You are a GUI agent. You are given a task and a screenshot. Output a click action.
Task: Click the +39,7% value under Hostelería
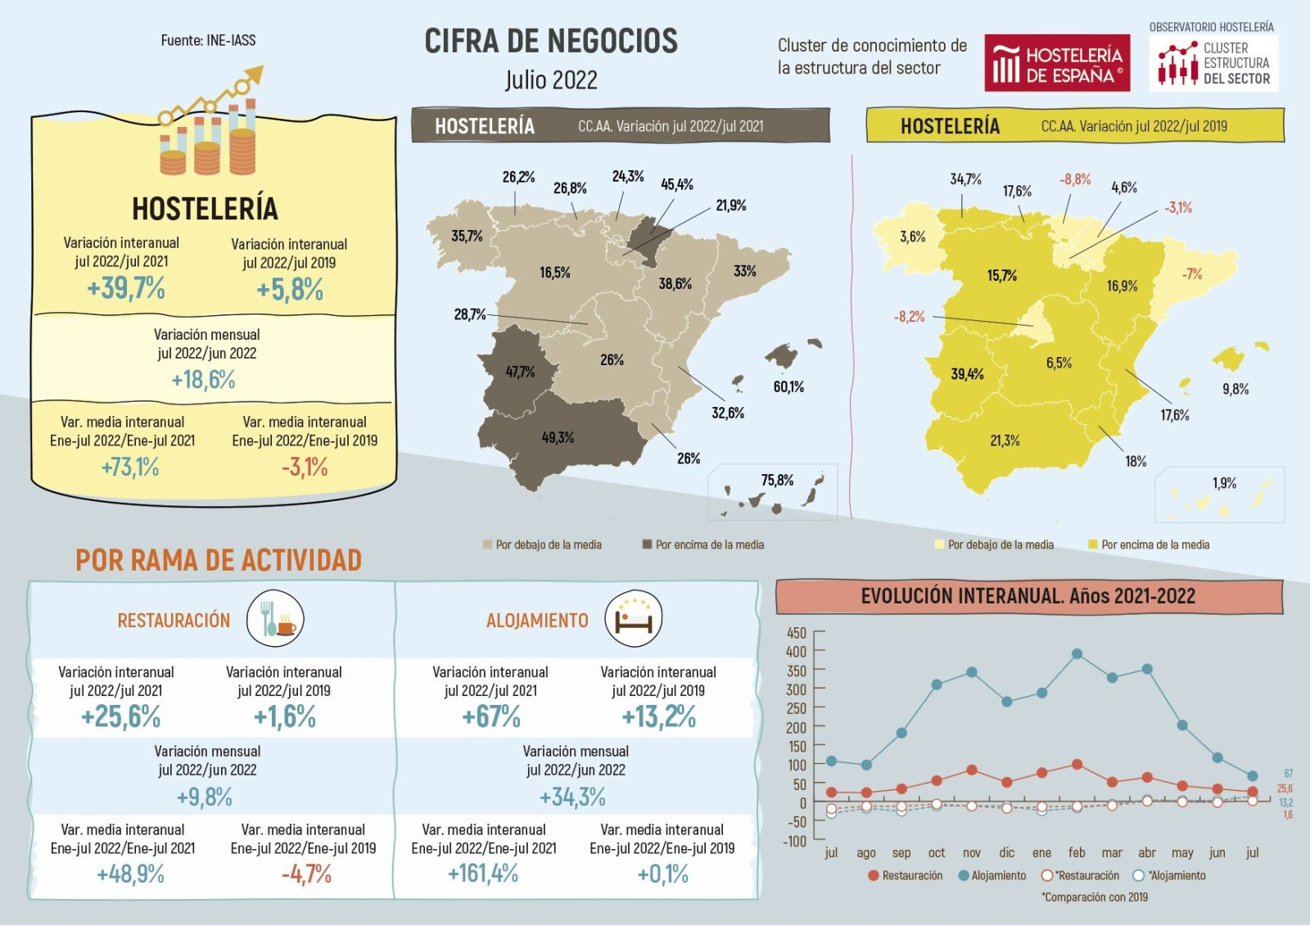pyautogui.click(x=126, y=288)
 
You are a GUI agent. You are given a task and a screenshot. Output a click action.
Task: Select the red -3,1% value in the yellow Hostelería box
pyautogui.click(x=305, y=468)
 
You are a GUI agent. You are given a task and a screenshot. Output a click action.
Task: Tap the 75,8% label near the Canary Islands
pyautogui.click(x=777, y=480)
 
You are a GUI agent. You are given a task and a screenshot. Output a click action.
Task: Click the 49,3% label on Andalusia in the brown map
pyautogui.click(x=558, y=437)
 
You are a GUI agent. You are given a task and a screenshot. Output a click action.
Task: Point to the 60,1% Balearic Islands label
pyautogui.click(x=788, y=386)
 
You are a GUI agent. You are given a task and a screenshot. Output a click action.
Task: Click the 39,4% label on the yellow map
pyautogui.click(x=967, y=374)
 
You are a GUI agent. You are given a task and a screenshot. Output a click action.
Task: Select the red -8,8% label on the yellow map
pyautogui.click(x=1075, y=179)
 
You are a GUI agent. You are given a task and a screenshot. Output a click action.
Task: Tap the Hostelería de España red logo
pyautogui.click(x=1057, y=63)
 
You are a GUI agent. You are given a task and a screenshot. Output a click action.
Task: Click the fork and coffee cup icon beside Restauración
pyautogui.click(x=275, y=619)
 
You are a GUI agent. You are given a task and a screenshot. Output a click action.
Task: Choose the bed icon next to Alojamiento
pyautogui.click(x=633, y=618)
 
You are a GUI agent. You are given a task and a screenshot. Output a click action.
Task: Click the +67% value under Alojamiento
pyautogui.click(x=491, y=717)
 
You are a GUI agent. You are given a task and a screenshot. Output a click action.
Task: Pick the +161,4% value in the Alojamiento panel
pyautogui.click(x=483, y=874)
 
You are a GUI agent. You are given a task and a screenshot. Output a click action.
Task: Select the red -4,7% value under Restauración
pyautogui.click(x=306, y=874)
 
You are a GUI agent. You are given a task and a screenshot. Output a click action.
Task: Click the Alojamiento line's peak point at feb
pyautogui.click(x=1077, y=653)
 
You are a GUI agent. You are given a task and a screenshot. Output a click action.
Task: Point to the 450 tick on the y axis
pyautogui.click(x=796, y=633)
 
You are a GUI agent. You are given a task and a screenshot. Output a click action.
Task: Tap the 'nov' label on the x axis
pyautogui.click(x=972, y=852)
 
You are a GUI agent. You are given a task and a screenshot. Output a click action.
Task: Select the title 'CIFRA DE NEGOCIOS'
pyautogui.click(x=551, y=41)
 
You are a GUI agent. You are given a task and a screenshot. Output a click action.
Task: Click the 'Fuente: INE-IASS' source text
pyautogui.click(x=208, y=40)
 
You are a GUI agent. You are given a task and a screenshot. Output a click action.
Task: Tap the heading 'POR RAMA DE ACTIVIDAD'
pyautogui.click(x=219, y=560)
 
